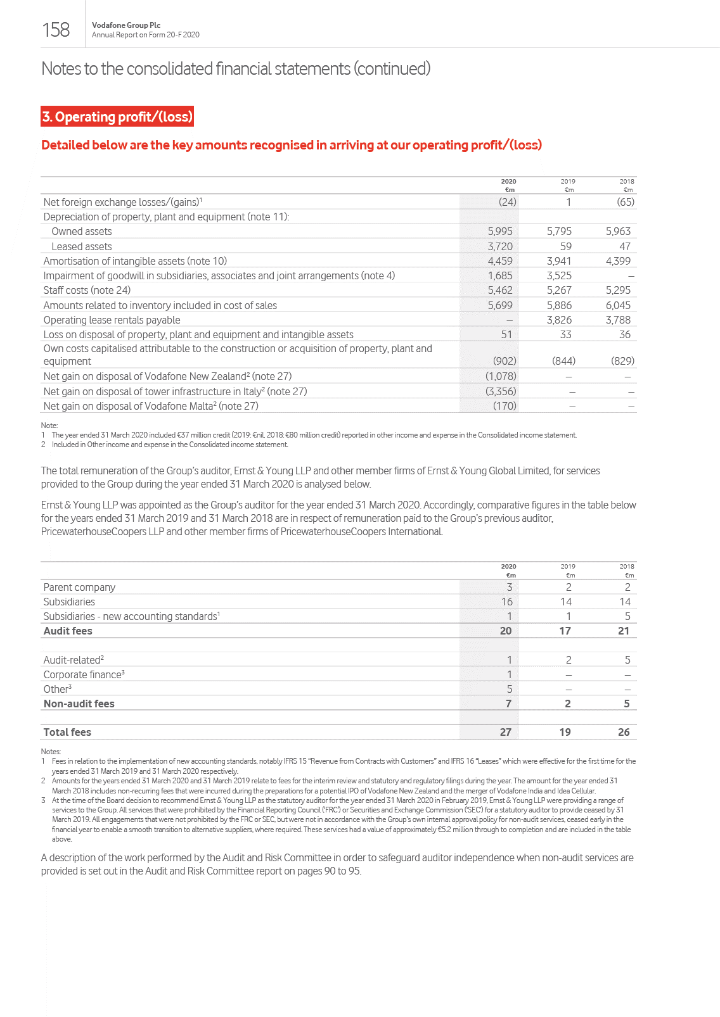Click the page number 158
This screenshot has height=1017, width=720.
click(56, 30)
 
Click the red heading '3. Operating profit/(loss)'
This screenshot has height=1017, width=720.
click(117, 117)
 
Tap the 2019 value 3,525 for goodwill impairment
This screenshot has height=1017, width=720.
click(559, 275)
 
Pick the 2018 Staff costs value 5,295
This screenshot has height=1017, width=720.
click(618, 290)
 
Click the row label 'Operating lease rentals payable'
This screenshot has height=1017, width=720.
click(112, 320)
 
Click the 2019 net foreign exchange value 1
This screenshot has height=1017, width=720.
click(569, 202)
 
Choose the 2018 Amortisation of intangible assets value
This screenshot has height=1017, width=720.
click(618, 261)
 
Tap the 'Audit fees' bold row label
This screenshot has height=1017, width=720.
click(68, 631)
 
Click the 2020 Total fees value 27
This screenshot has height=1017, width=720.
click(505, 732)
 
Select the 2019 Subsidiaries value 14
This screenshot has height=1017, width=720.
click(565, 602)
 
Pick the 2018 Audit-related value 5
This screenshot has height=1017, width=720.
click(627, 660)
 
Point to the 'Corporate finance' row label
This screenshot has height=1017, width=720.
click(83, 674)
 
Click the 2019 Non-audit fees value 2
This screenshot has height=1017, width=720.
click(567, 704)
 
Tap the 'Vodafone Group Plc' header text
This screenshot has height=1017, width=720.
click(126, 25)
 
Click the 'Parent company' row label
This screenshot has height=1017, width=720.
click(79, 587)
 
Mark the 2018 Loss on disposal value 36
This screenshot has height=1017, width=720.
click(624, 334)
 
